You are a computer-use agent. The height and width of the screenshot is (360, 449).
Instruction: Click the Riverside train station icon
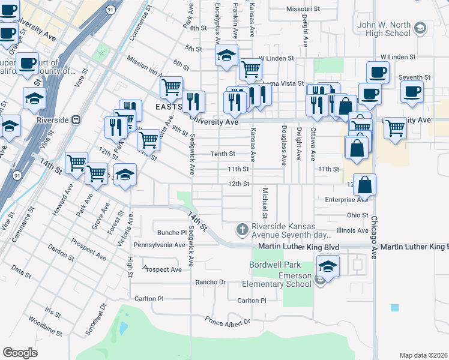coord(76,119)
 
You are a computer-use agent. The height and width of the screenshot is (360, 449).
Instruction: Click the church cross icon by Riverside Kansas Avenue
coord(242,229)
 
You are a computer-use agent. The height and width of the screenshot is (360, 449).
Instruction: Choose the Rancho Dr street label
coord(210,281)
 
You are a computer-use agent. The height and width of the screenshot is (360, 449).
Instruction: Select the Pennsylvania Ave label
coord(160,245)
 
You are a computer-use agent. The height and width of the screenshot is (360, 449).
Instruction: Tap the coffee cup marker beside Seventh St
coord(412,92)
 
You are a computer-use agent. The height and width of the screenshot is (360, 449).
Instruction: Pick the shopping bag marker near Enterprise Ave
coord(364,186)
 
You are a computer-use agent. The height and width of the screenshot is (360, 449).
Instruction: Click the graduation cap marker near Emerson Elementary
coord(328,266)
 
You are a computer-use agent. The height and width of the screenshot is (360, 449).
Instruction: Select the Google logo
coord(20,353)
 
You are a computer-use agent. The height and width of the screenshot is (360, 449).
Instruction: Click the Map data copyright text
coord(424,355)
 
